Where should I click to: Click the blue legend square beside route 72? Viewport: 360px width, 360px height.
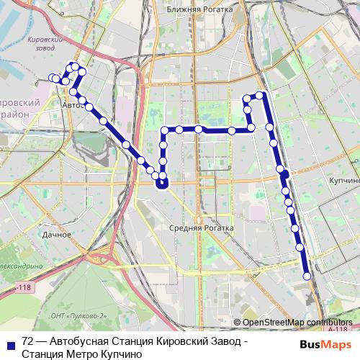(10, 343)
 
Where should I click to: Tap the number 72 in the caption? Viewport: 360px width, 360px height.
(28, 341)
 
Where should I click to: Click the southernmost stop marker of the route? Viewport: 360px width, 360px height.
(307, 276)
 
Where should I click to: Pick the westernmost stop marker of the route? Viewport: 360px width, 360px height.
(52, 78)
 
